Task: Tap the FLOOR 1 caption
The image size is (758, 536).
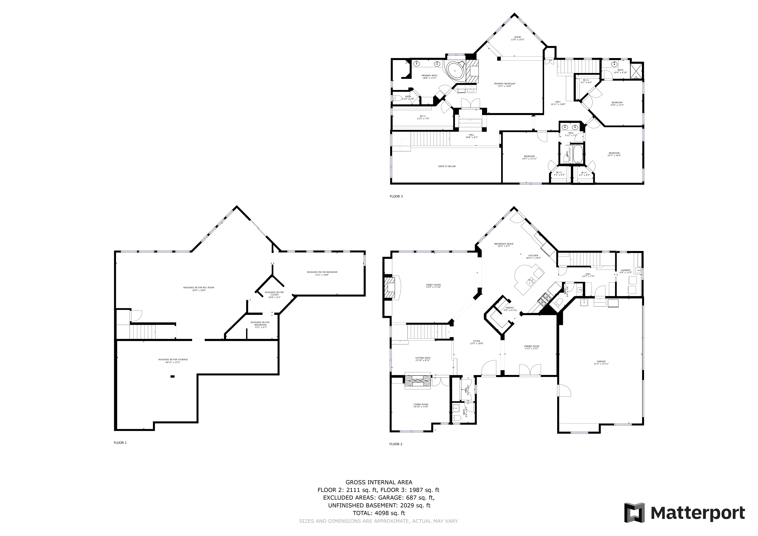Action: coord(120,443)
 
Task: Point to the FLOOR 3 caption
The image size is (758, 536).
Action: coord(396,196)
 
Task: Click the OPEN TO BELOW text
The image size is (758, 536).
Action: coord(447,166)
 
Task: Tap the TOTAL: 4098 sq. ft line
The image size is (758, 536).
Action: coord(379,513)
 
